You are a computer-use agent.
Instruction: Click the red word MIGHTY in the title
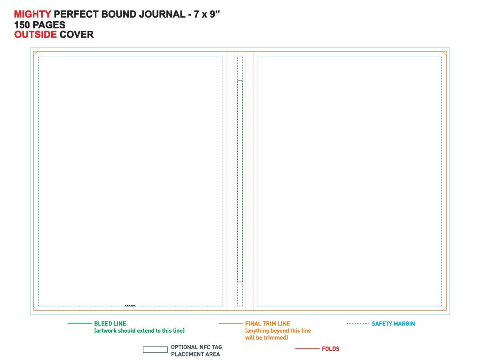click(x=32, y=14)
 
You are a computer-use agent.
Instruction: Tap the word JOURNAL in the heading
click(x=162, y=14)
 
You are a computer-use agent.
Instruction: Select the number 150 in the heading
click(x=22, y=25)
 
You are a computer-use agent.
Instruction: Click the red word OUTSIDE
click(x=36, y=35)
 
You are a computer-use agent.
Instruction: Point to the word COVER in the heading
click(x=76, y=35)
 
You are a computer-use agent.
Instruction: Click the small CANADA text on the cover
click(x=130, y=306)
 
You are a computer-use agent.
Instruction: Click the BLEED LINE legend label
click(x=110, y=324)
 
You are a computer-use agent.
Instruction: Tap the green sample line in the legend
click(x=80, y=323)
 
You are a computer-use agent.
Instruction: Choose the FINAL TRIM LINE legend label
click(x=268, y=324)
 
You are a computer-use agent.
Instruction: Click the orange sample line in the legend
click(x=231, y=324)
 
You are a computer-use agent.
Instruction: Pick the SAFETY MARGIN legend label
click(x=393, y=324)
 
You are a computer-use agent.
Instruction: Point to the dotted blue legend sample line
click(x=357, y=324)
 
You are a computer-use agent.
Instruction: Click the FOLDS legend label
click(x=331, y=349)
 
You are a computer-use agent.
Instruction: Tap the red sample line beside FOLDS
click(x=308, y=349)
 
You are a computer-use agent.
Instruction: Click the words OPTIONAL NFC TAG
click(x=196, y=347)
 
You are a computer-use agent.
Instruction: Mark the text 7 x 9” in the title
click(x=207, y=14)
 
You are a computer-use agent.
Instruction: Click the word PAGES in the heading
click(x=49, y=25)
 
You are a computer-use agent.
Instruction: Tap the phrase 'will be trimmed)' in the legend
click(x=266, y=338)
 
